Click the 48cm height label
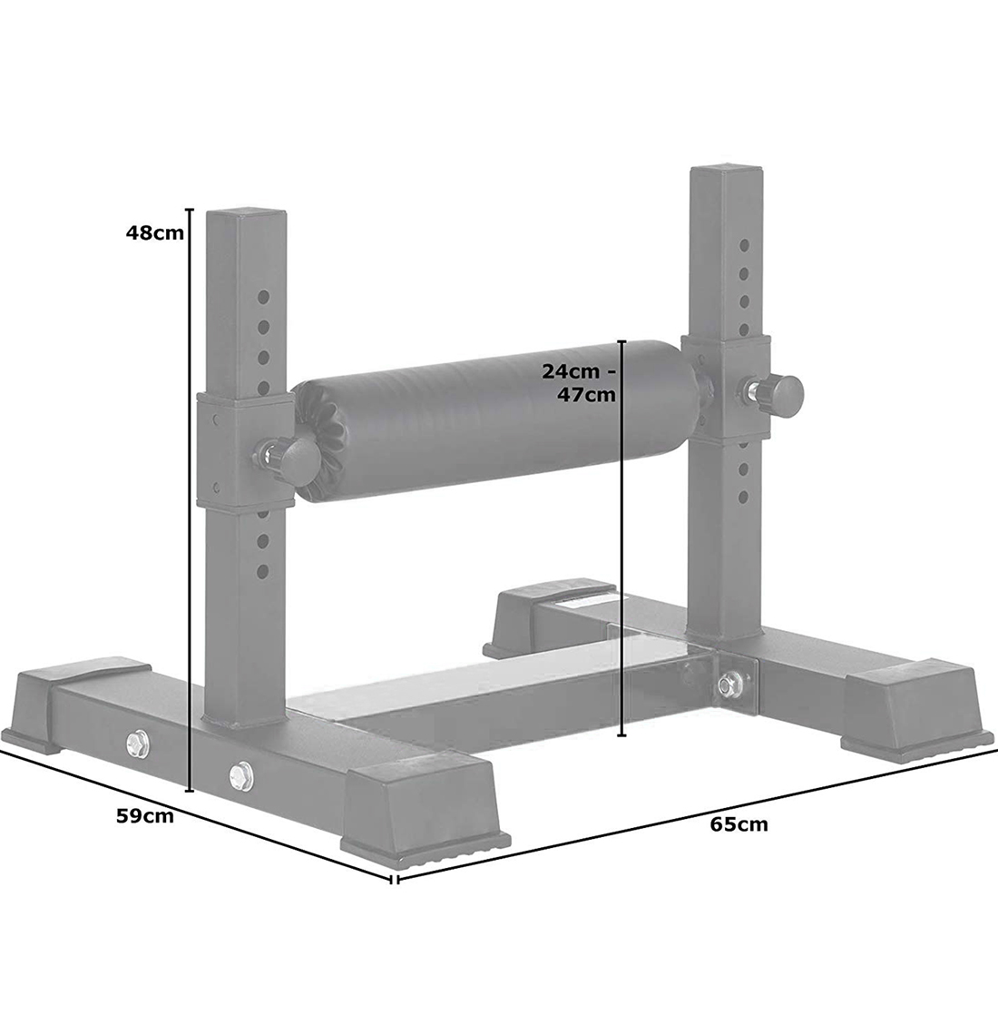click(155, 233)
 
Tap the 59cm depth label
click(145, 816)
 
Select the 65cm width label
click(739, 824)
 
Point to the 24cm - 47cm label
click(579, 383)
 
